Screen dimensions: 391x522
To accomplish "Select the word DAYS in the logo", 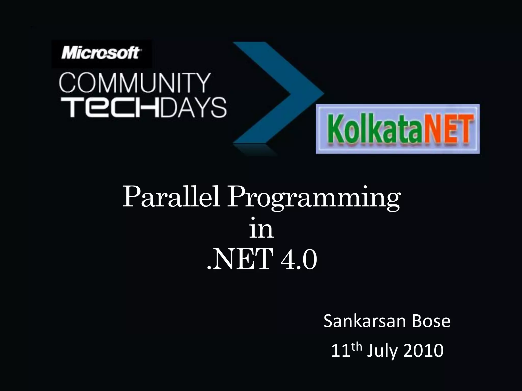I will click(x=193, y=108).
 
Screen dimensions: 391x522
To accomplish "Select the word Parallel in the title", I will click(x=171, y=197).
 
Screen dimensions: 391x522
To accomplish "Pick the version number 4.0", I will click(x=299, y=260).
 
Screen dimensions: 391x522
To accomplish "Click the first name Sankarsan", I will click(x=364, y=321).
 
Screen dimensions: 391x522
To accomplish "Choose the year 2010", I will click(x=424, y=351).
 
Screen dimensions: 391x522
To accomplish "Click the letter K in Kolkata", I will click(x=334, y=129).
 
